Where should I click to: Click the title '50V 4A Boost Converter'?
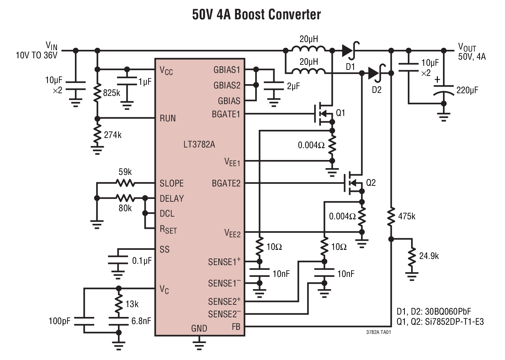[256, 15]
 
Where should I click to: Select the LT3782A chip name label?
[199, 144]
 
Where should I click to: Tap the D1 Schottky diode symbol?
[349, 51]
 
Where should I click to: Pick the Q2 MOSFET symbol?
[354, 183]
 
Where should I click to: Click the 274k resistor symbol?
[97, 135]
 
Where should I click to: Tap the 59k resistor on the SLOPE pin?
[125, 183]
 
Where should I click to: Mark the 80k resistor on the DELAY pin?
[125, 198]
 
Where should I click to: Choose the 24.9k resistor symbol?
[412, 257]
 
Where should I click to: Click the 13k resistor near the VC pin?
[119, 304]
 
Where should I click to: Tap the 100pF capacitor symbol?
[84, 321]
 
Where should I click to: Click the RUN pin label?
[168, 118]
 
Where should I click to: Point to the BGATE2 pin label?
[226, 183]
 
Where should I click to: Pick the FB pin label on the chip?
[236, 327]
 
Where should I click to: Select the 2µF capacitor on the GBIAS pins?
[274, 86]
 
